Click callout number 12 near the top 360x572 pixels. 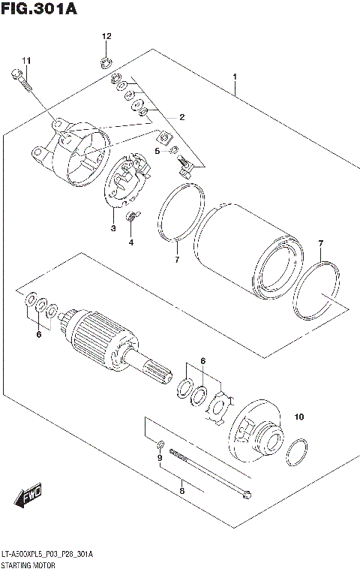[x=106, y=36]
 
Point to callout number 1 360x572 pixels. [x=235, y=77]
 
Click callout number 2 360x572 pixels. [x=181, y=116]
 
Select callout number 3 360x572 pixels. [x=113, y=228]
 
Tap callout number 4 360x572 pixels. [x=130, y=242]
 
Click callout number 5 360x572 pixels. [x=157, y=151]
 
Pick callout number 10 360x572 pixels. [x=299, y=417]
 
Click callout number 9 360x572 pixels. [x=159, y=457]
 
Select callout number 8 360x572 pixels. [x=181, y=491]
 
